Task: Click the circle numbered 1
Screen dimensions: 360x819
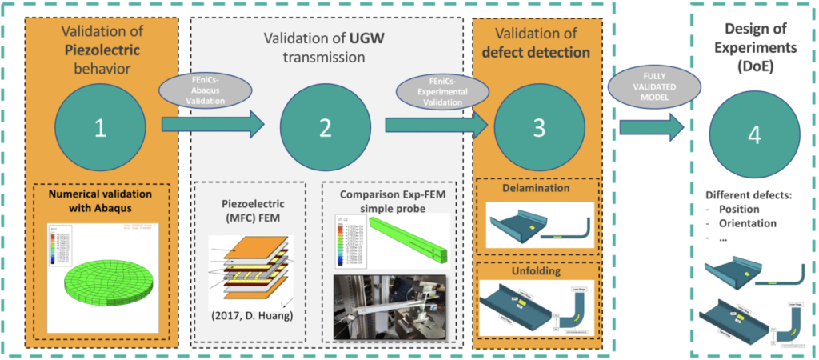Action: tap(100, 128)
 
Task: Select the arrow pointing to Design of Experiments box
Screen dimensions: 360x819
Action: tap(652, 125)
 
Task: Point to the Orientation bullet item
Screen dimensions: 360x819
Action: tap(748, 223)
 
